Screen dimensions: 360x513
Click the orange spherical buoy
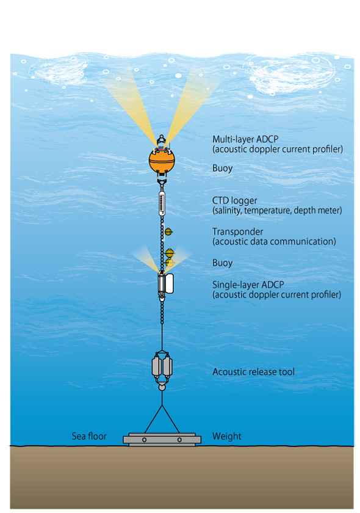click(162, 161)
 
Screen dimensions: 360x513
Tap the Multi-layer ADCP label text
click(245, 139)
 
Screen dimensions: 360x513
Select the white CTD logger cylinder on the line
click(162, 204)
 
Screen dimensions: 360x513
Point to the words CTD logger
click(234, 200)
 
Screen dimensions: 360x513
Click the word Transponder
click(237, 231)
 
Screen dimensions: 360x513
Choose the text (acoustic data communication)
click(274, 241)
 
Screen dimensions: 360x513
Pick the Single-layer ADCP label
click(248, 285)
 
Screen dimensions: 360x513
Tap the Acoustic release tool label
click(253, 372)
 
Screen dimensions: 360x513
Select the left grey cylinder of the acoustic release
click(156, 366)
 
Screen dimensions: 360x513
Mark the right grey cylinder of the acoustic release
click(167, 366)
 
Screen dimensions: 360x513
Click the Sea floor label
click(89, 436)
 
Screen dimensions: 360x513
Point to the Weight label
click(226, 437)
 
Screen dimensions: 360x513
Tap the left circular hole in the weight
click(144, 440)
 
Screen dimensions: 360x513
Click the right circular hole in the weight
click(179, 440)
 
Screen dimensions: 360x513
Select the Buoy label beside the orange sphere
click(222, 168)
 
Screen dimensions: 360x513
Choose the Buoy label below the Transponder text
click(222, 263)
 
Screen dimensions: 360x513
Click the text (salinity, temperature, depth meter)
click(277, 210)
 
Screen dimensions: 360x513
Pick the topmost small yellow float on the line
click(168, 232)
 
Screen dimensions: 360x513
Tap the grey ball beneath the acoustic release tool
click(162, 387)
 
